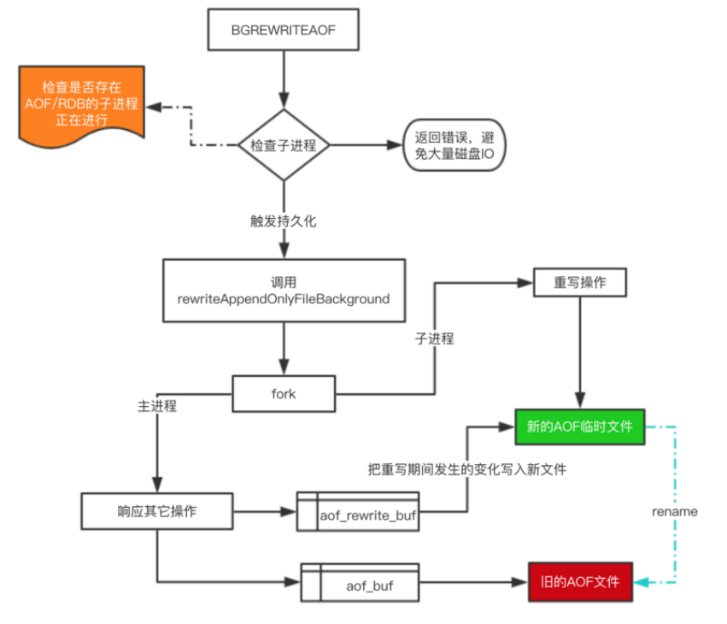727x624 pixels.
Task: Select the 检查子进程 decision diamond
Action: point(283,145)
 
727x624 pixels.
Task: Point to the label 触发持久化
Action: point(283,220)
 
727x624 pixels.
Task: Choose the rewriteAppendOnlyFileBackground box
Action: point(282,291)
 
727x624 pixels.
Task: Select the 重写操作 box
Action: point(581,282)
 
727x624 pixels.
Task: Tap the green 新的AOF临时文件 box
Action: point(580,426)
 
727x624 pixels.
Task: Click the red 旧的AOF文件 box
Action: point(580,583)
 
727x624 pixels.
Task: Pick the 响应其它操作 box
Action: point(156,511)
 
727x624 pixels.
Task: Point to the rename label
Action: point(674,511)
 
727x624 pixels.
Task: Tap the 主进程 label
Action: point(157,405)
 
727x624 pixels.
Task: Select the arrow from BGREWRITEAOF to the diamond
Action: point(283,81)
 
